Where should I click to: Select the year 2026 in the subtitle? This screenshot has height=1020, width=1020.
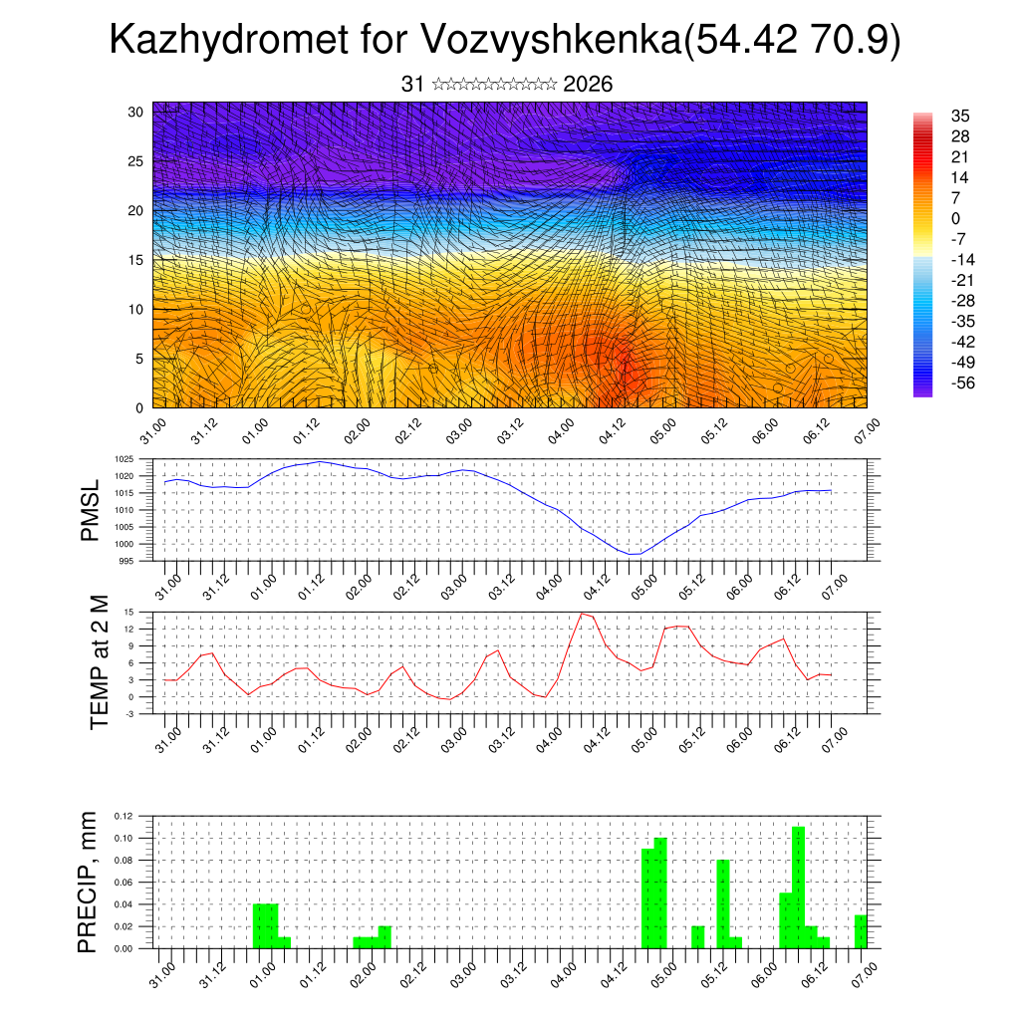(x=588, y=85)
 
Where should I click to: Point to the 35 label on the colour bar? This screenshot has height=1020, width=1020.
(x=932, y=116)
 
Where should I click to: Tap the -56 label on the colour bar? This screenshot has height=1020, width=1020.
(x=935, y=382)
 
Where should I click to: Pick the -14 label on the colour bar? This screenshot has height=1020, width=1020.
(x=935, y=259)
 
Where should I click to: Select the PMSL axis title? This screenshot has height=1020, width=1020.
(x=91, y=511)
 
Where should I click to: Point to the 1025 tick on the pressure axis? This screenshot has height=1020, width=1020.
(x=124, y=459)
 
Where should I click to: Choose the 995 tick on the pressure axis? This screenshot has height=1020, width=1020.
(x=126, y=561)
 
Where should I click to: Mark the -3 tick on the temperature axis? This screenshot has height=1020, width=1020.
(x=129, y=713)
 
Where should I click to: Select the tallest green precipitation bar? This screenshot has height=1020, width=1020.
(x=798, y=887)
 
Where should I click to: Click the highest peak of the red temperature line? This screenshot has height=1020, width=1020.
(x=582, y=614)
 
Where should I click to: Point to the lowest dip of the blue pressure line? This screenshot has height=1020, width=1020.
(x=634, y=554)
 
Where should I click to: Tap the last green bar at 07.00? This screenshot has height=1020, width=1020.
(x=861, y=931)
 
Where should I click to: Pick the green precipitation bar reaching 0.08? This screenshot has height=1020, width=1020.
(x=723, y=903)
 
